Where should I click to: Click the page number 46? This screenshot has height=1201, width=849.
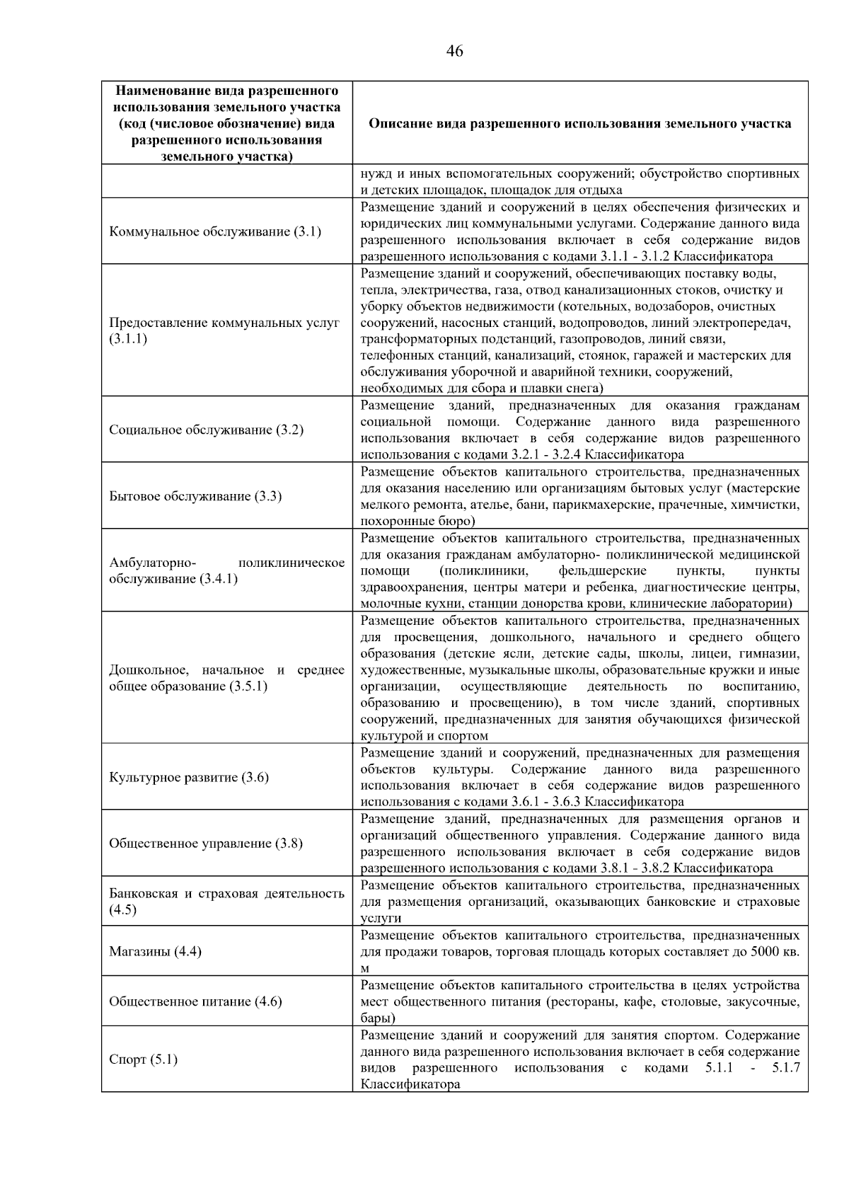455,51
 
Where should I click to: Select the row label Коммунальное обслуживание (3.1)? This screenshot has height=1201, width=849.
214,231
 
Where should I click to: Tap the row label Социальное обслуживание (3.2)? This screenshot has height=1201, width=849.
206,430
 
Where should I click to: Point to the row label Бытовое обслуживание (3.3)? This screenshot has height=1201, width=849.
195,496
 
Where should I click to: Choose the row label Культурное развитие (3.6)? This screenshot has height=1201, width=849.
188,777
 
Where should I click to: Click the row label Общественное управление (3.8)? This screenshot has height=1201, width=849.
205,843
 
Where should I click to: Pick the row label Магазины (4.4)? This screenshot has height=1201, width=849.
155,951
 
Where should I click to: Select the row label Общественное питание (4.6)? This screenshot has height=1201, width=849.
195,1001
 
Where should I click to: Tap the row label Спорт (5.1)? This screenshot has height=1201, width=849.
143,1059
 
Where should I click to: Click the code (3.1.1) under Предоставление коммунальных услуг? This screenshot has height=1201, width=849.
128,339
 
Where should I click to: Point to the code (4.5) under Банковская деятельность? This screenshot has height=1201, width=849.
122,910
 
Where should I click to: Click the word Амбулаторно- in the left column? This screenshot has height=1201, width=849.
152,563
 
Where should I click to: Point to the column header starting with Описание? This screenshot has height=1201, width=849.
579,124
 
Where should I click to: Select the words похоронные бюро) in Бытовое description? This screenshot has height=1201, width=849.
417,522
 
